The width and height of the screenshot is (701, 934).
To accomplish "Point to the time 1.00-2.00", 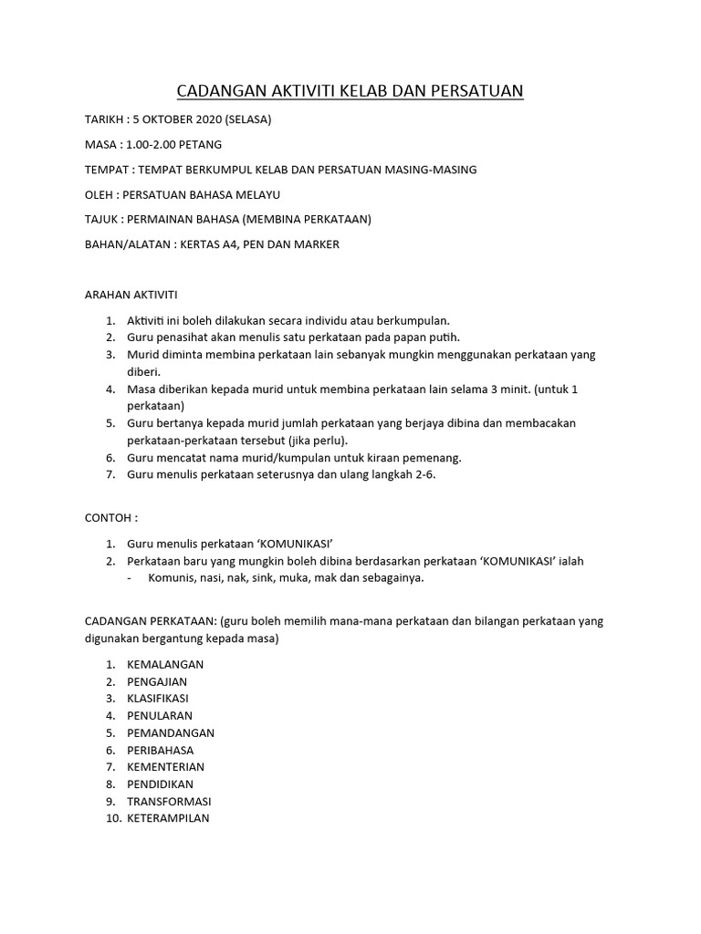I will coord(158,144).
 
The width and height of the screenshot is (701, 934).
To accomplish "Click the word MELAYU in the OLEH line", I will coord(253,194).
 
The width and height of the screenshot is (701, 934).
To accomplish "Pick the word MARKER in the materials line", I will coord(318,244).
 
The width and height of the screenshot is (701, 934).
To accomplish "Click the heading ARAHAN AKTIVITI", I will coord(131,295).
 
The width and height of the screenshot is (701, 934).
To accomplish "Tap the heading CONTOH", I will coord(110,517).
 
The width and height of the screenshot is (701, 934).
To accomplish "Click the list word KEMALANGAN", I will coord(165,664).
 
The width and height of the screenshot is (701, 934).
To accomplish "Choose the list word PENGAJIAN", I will coord(160,681).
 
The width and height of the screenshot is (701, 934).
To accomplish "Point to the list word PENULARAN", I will coord(160,716).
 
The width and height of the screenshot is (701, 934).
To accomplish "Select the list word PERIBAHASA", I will coord(161,750).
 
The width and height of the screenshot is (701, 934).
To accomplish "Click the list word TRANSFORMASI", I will coord(169,801).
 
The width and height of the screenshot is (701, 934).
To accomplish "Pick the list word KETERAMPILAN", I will coord(168,818).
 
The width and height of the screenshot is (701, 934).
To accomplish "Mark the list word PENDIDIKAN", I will coord(161,784).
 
